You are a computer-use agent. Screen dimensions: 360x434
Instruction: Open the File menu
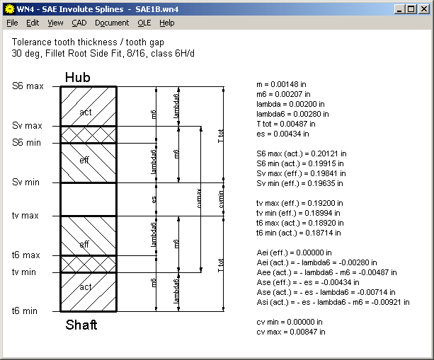click(x=12, y=23)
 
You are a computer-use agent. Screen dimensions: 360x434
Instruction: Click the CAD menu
click(x=79, y=23)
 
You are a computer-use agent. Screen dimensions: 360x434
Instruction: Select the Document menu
click(x=112, y=23)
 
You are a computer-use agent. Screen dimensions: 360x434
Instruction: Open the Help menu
click(x=166, y=23)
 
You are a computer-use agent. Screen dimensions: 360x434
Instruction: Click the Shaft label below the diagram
click(x=81, y=325)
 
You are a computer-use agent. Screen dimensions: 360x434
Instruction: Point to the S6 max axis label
click(x=28, y=86)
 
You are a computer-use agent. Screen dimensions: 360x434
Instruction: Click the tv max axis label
click(x=25, y=216)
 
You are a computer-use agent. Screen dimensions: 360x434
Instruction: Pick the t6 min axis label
click(x=25, y=311)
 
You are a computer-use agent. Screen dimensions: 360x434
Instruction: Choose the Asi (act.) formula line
click(x=333, y=302)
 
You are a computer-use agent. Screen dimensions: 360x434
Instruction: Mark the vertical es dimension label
click(x=154, y=200)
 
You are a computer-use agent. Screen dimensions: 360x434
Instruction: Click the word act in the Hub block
click(x=85, y=112)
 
